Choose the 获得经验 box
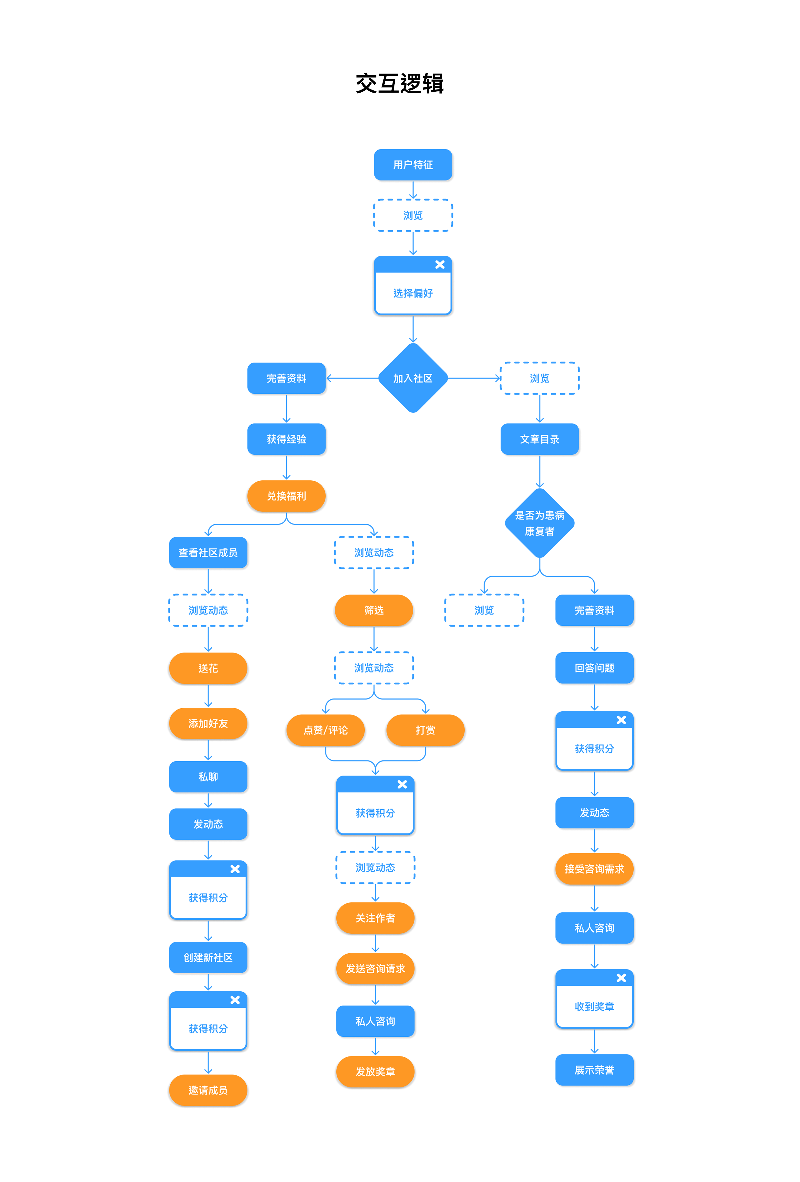(286, 439)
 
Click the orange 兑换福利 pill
(286, 496)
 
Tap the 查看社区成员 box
(208, 552)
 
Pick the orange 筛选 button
(374, 610)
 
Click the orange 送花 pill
(208, 668)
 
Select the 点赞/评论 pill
(326, 730)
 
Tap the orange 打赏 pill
(425, 730)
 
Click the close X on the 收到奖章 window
(621, 978)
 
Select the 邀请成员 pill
(208, 1091)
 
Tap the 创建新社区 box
(208, 958)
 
